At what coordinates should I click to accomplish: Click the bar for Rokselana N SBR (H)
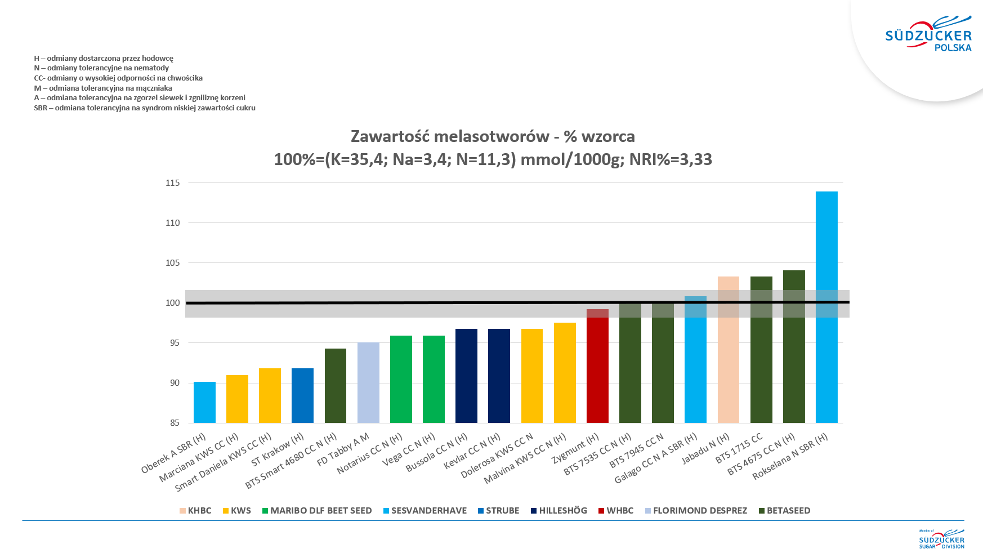click(826, 307)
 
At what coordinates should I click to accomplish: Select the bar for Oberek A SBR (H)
click(204, 402)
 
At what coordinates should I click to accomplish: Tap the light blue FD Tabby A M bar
click(368, 382)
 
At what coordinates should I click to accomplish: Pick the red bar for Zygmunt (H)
click(597, 366)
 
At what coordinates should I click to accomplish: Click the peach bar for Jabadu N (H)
click(728, 349)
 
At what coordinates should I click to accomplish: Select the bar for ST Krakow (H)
click(302, 395)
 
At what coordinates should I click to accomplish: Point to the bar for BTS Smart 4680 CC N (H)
click(336, 386)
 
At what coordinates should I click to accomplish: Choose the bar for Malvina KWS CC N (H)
click(565, 373)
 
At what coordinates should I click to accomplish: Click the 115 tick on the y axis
click(173, 183)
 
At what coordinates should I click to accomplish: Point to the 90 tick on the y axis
click(175, 383)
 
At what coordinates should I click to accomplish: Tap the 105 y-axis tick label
click(173, 263)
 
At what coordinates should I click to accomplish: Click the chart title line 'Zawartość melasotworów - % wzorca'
click(493, 136)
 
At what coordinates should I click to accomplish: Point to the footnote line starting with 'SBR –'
click(145, 108)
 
